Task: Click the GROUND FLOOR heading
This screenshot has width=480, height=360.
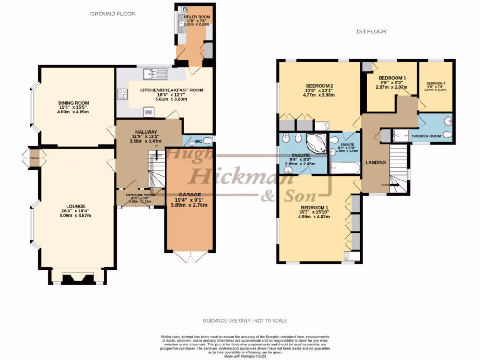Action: pyautogui.click(x=113, y=14)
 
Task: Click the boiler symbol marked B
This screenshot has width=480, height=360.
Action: pyautogui.click(x=185, y=9)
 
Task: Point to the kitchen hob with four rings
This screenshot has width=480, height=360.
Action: pyautogui.click(x=123, y=94)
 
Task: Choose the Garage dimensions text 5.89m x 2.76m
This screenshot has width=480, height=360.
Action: pyautogui.click(x=189, y=204)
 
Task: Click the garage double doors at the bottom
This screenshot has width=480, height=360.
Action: pyautogui.click(x=189, y=256)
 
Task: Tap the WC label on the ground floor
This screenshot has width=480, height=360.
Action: pyautogui.click(x=198, y=141)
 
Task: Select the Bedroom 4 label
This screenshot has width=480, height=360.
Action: pyautogui.click(x=436, y=83)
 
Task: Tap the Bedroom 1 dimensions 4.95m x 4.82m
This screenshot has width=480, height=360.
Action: pyautogui.click(x=315, y=217)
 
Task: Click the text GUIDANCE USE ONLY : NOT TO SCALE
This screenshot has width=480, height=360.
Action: pyautogui.click(x=245, y=321)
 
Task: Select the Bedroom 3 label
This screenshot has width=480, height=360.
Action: pyautogui.click(x=392, y=78)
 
